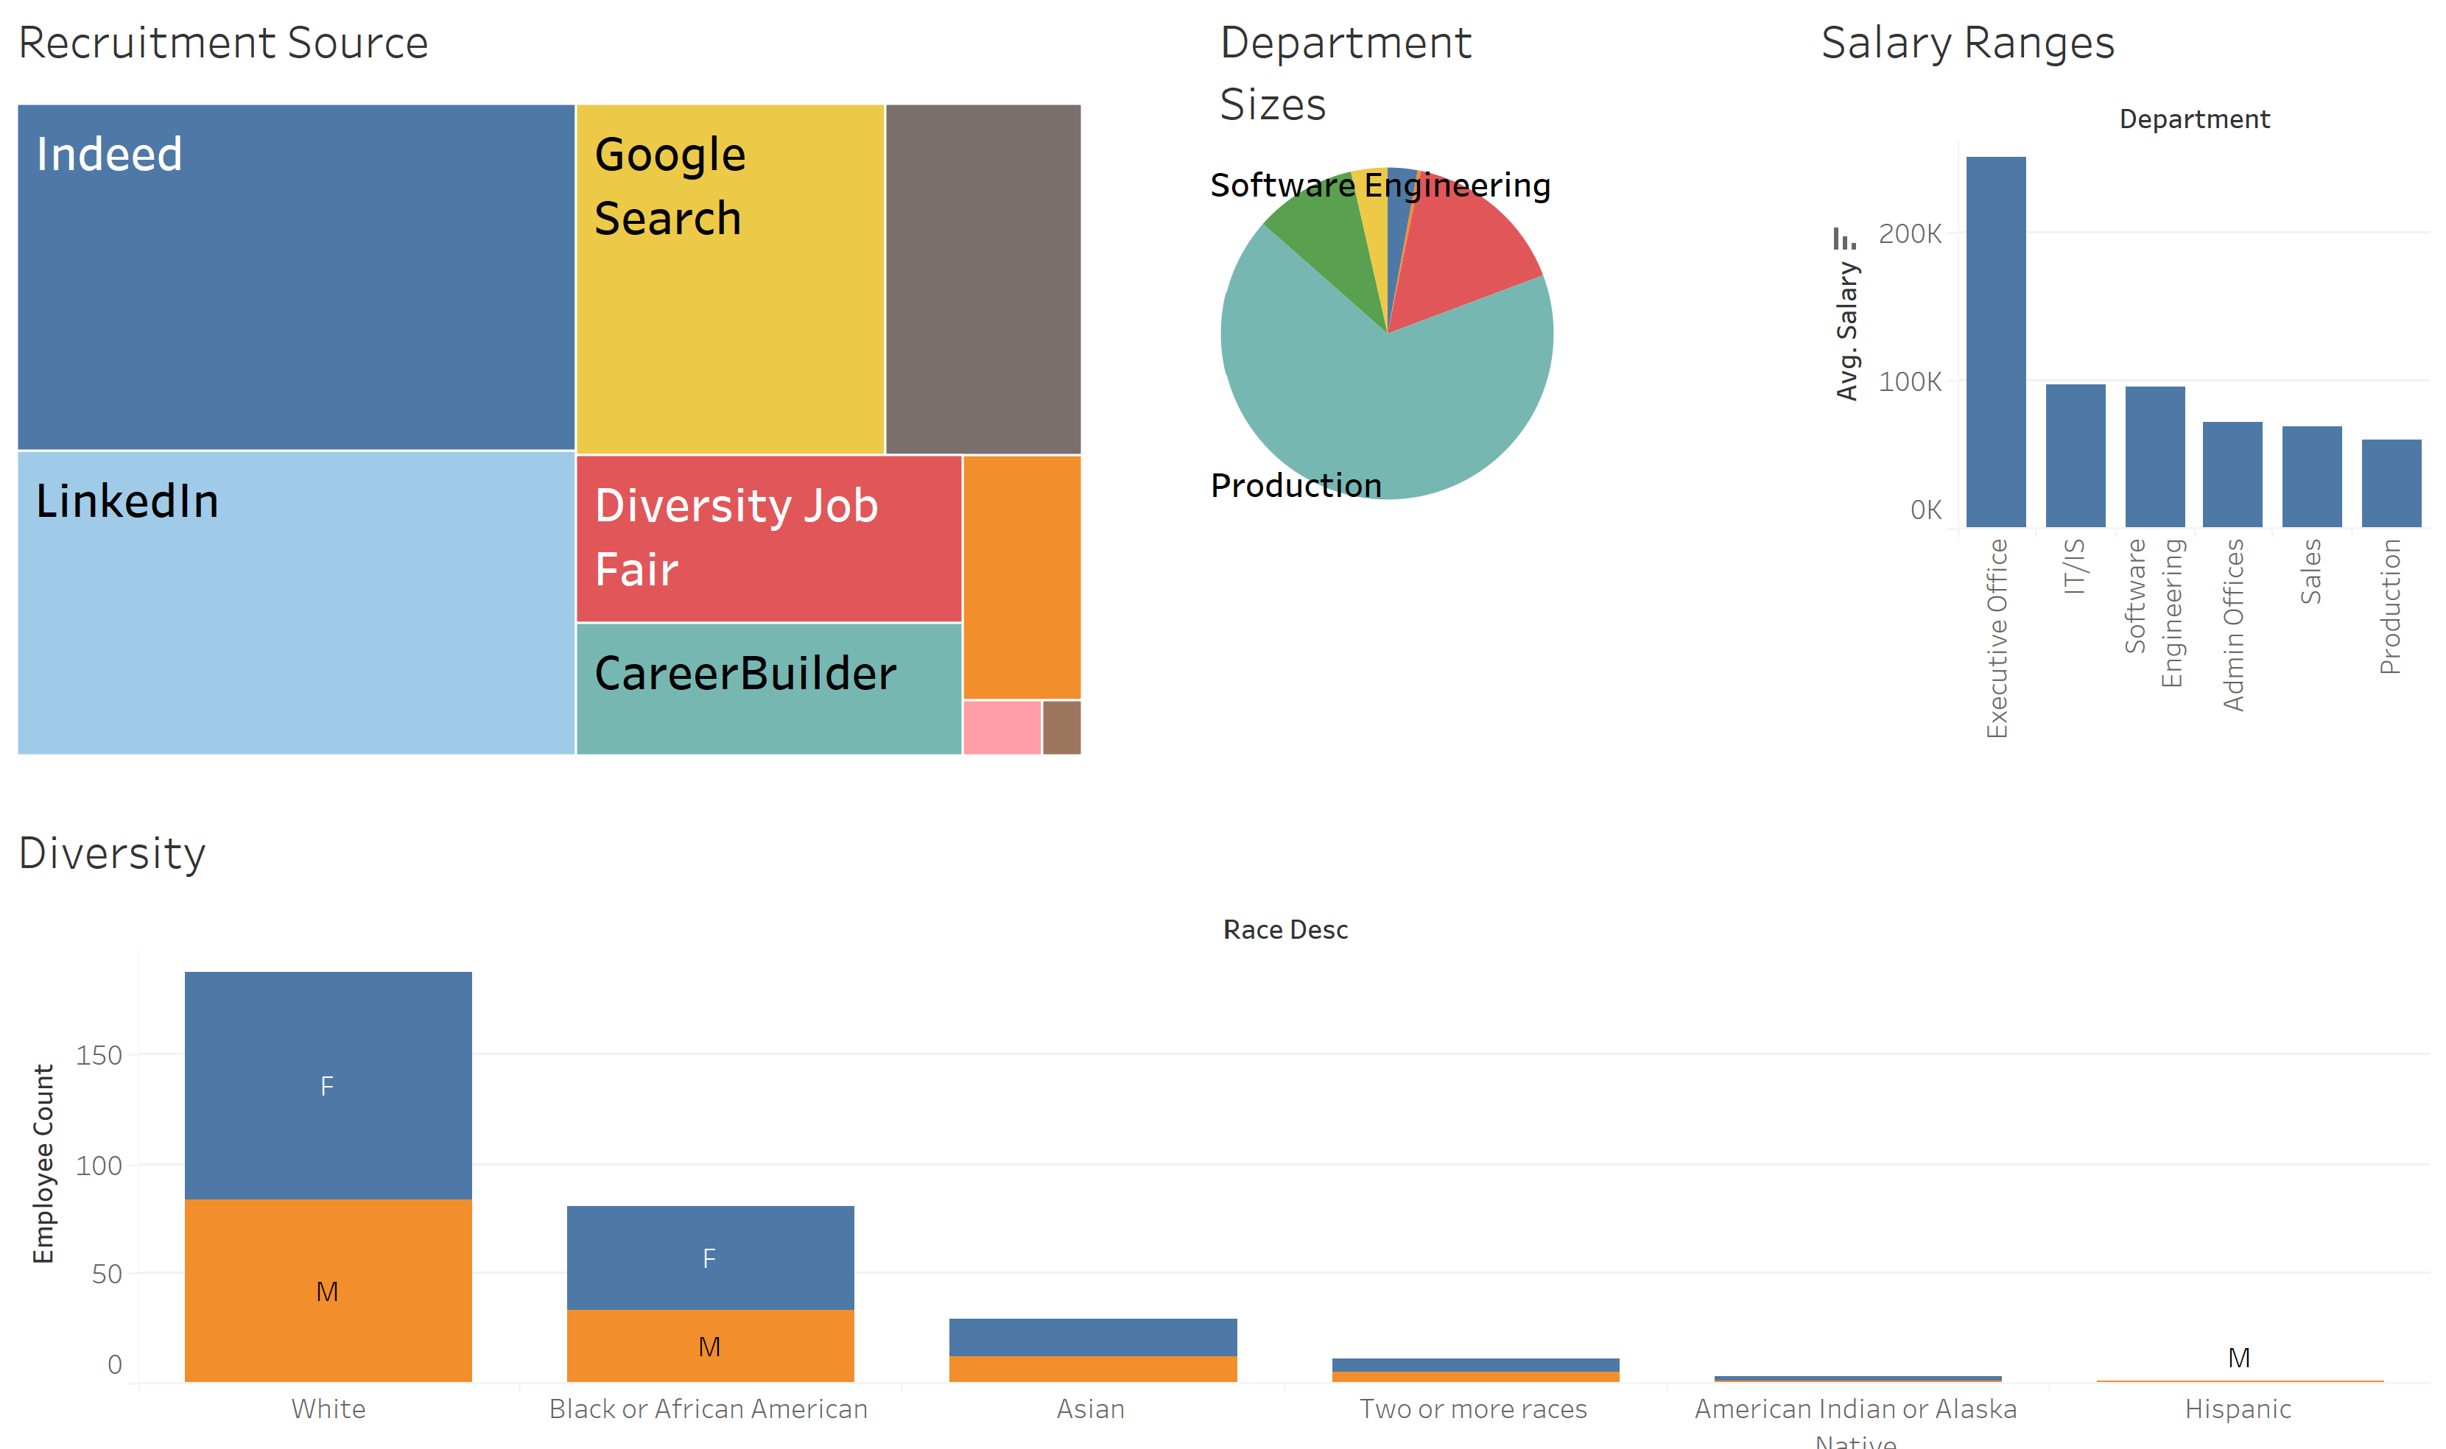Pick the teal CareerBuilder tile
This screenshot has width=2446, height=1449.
click(x=767, y=688)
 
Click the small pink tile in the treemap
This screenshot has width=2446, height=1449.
click(x=1001, y=727)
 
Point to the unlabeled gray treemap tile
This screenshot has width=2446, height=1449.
click(x=983, y=278)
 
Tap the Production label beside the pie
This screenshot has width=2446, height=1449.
click(x=1295, y=485)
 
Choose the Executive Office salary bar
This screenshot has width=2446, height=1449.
click(x=1995, y=342)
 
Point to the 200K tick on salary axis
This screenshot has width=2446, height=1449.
click(x=1909, y=234)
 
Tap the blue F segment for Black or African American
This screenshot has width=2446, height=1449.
click(x=710, y=1257)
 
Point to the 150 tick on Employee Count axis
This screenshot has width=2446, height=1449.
click(x=99, y=1056)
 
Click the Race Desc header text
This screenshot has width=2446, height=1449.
click(x=1285, y=929)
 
